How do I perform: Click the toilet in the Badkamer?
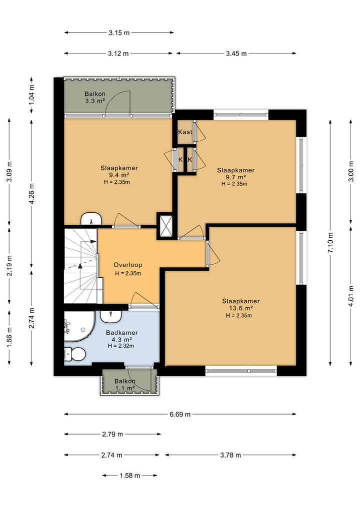(x=75, y=354)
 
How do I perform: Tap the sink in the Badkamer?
(x=111, y=316)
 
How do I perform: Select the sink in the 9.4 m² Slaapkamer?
(x=91, y=219)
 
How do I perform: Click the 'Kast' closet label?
(x=185, y=132)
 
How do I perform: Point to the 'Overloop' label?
(x=128, y=265)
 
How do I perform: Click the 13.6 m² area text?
(x=241, y=308)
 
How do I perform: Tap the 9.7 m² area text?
(x=236, y=177)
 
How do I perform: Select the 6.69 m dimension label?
(x=180, y=414)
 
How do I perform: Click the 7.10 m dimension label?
(x=330, y=243)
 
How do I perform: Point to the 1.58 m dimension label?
(x=129, y=476)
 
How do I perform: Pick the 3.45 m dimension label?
(x=236, y=53)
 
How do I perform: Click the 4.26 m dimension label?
(x=31, y=194)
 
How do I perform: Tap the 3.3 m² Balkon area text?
(x=95, y=101)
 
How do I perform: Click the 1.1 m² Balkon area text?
(x=125, y=388)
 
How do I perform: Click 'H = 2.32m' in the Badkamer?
(x=121, y=346)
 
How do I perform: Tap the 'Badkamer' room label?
(x=122, y=333)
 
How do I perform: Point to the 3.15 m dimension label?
(x=119, y=33)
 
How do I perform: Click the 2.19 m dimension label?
(x=9, y=266)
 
